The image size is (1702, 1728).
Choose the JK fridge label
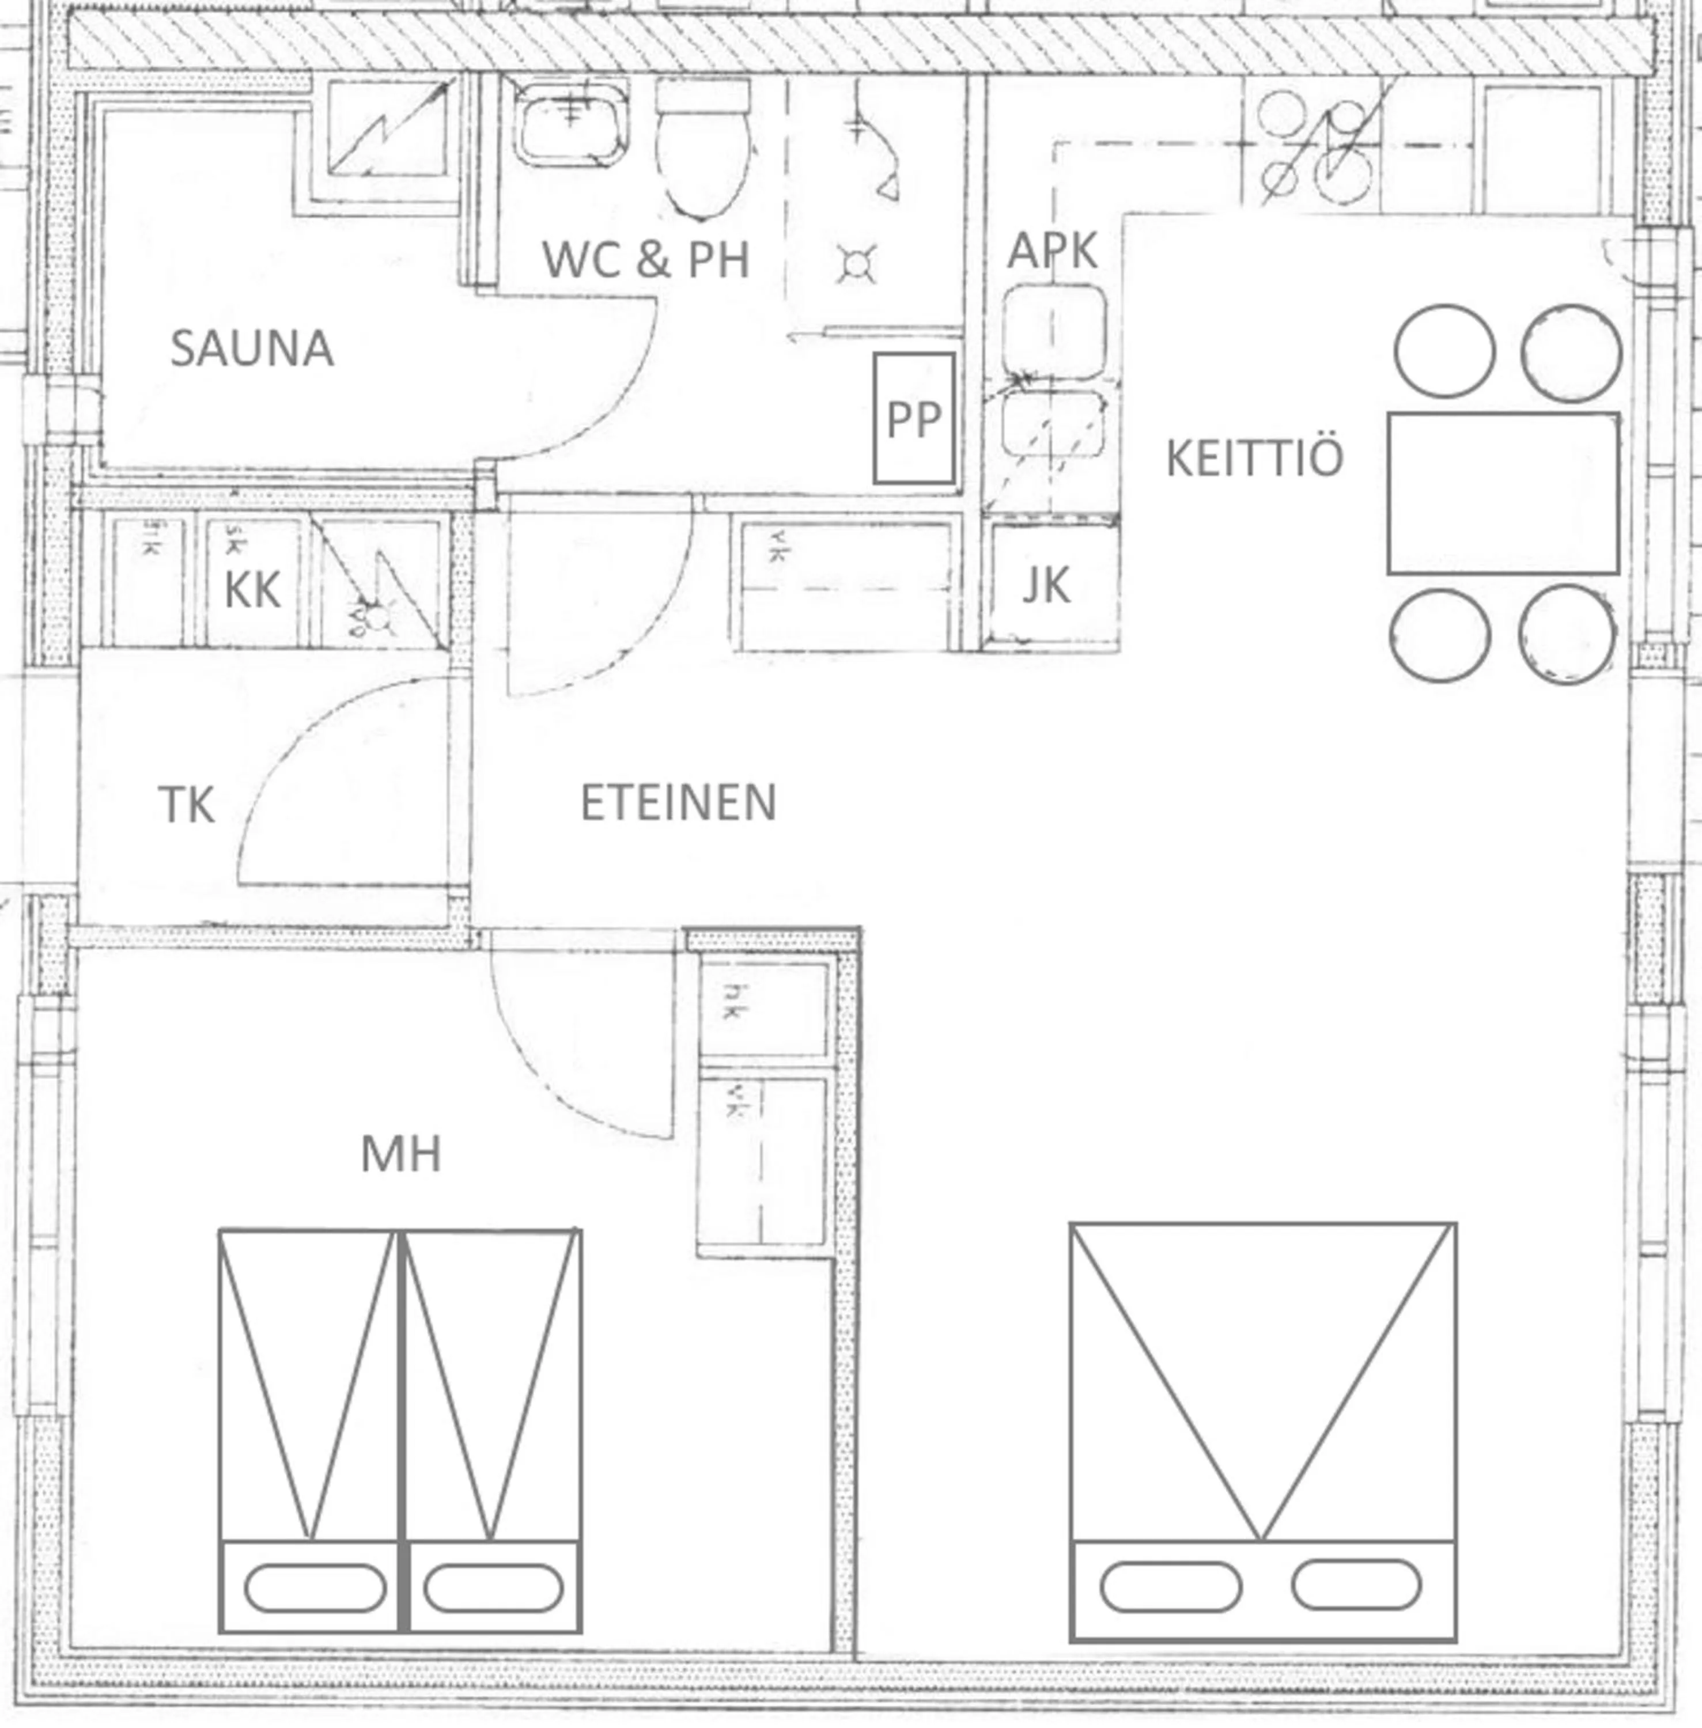click(1045, 586)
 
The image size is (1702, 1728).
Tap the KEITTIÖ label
click(1254, 458)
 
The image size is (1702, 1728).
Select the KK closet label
click(252, 590)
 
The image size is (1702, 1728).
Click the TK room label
click(186, 805)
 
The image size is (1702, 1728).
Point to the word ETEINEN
click(679, 802)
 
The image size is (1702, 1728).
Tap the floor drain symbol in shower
click(856, 264)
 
